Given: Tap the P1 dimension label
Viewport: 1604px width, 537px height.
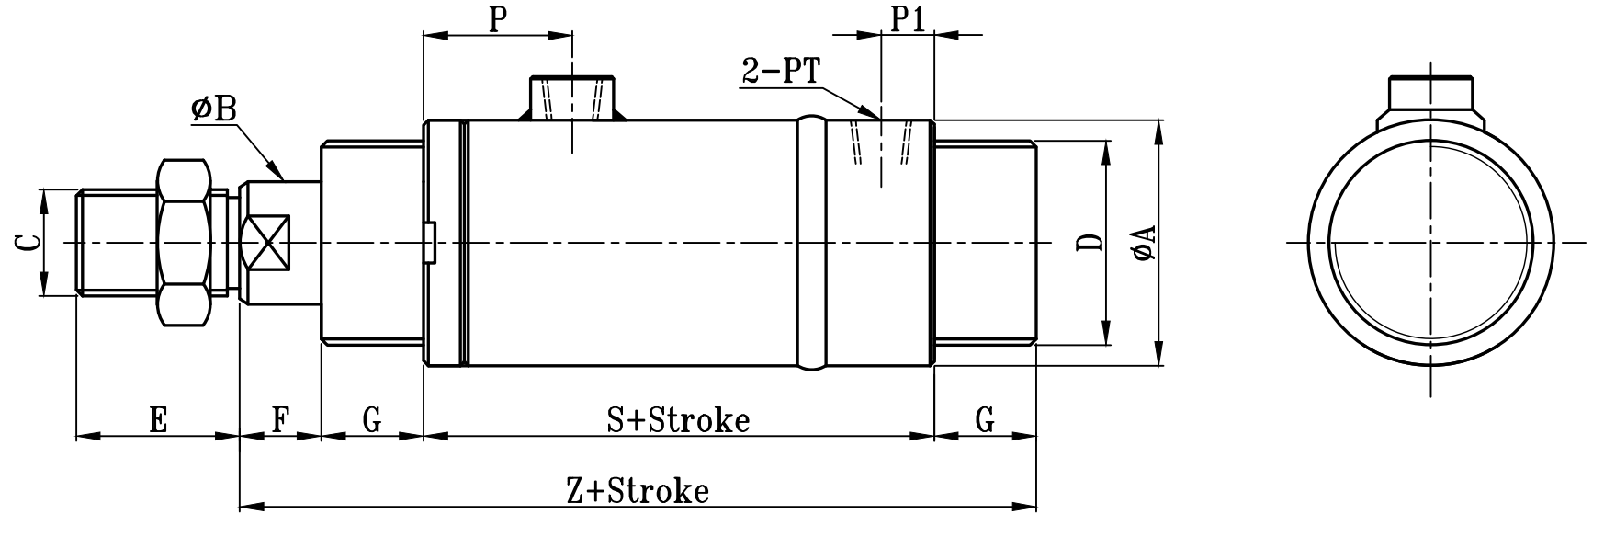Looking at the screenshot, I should tap(907, 18).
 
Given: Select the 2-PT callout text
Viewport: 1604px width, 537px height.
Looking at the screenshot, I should tap(781, 72).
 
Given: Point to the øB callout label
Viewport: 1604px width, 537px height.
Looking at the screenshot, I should tap(214, 109).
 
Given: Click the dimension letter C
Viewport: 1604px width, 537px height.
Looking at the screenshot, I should tap(28, 243).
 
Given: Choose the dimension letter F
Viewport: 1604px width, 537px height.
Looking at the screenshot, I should tap(280, 420).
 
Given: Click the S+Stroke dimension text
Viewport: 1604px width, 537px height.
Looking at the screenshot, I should tap(678, 420).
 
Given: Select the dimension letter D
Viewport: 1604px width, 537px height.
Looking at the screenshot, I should tap(1090, 243).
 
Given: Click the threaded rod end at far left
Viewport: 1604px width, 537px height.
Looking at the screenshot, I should tap(117, 243).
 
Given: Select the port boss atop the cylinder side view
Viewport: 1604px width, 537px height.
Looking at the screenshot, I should tap(572, 97).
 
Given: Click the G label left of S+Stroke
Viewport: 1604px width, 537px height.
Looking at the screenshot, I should tap(371, 420).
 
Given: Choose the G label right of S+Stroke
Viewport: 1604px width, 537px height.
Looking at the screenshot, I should tap(984, 420).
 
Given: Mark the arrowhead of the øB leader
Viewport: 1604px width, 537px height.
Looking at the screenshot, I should tap(277, 172).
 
